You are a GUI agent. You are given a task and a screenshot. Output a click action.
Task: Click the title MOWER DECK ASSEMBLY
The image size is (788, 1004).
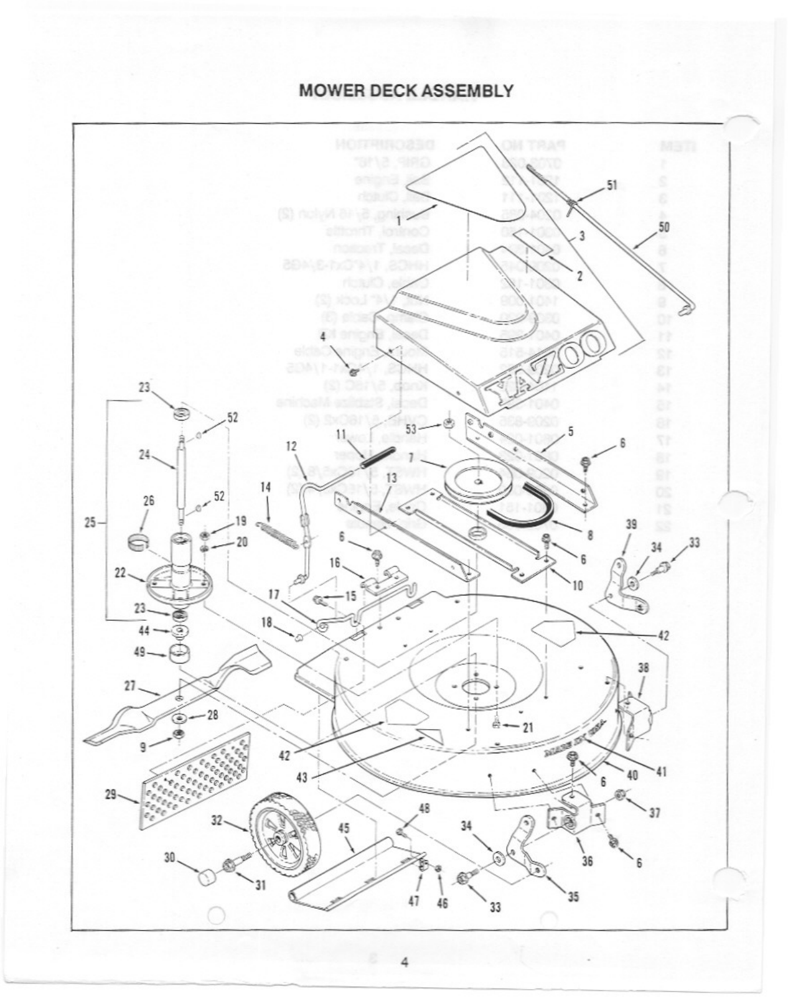point(406,91)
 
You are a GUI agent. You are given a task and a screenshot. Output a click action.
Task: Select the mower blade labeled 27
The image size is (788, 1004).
point(181,694)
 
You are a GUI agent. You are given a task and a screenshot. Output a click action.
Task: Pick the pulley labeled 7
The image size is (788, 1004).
point(477,480)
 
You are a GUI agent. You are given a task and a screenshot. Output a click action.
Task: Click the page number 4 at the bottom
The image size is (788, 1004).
point(403,964)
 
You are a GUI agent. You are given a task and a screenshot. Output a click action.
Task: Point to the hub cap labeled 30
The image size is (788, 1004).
point(208,878)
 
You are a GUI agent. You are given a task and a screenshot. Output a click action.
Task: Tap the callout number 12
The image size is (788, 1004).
point(291,446)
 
